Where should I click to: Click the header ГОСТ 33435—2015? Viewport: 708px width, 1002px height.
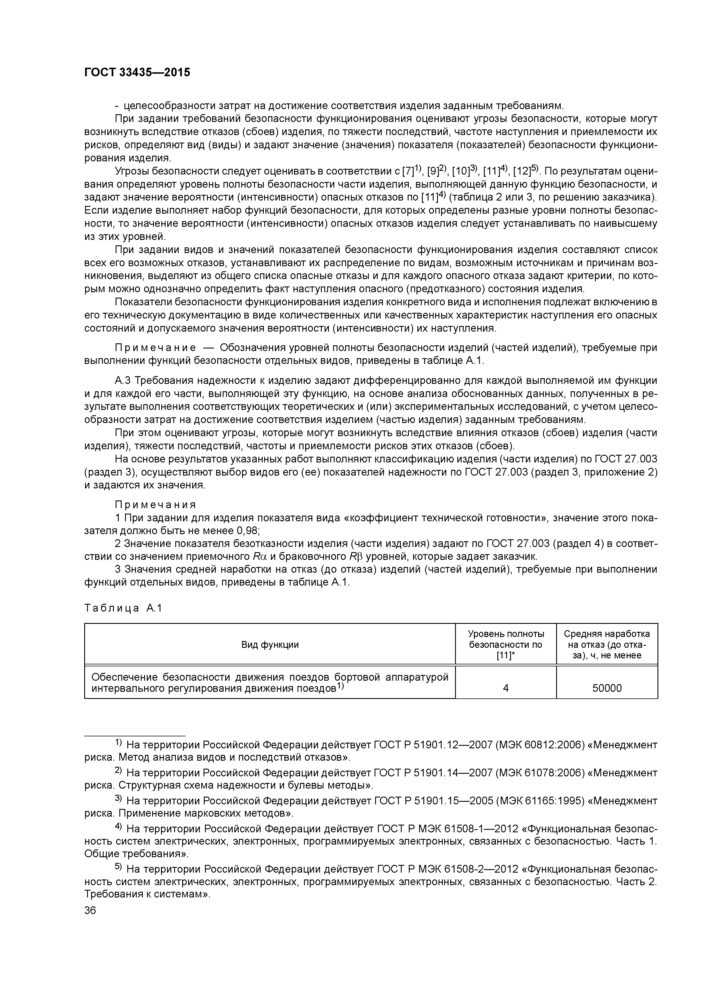point(137,73)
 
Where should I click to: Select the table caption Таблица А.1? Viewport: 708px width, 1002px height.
point(123,608)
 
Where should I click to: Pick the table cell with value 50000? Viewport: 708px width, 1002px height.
point(606,688)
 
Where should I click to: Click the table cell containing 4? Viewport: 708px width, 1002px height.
point(506,688)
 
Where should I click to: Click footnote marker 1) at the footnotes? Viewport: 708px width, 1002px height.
point(119,743)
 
